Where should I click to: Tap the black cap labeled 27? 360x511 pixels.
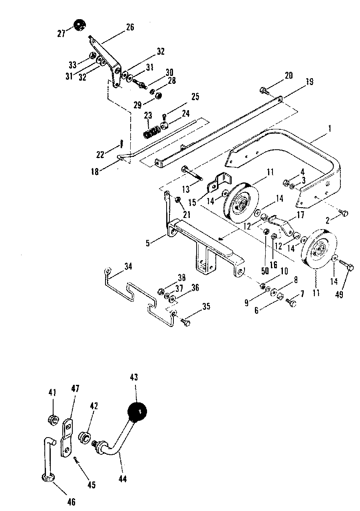(x=80, y=26)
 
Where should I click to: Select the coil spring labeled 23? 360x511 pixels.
(x=151, y=131)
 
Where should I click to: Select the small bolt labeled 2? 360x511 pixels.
(x=344, y=213)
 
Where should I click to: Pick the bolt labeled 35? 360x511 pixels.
(x=185, y=321)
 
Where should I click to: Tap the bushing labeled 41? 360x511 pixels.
(x=53, y=420)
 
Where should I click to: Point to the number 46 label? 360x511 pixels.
(x=71, y=501)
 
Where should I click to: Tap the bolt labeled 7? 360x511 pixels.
(x=292, y=303)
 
